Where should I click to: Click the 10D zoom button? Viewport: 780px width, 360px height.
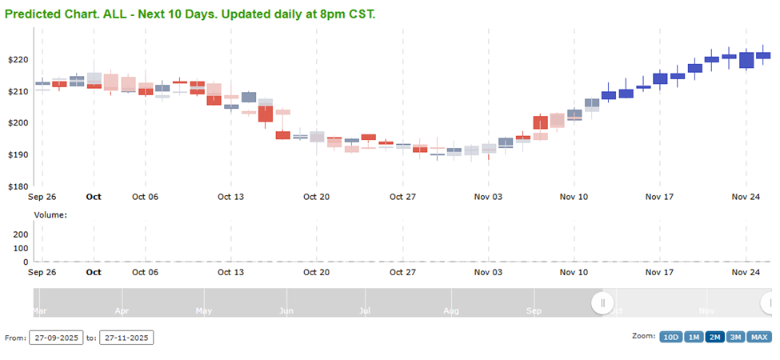point(670,337)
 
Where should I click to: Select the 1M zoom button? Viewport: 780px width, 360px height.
point(694,337)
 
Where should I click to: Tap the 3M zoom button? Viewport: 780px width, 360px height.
point(736,337)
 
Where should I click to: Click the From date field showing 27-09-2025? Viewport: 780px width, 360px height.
point(55,338)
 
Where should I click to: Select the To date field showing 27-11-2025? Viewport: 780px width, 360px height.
point(126,338)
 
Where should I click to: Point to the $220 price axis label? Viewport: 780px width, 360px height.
point(18,60)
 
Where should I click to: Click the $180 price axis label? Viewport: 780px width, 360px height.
point(18,186)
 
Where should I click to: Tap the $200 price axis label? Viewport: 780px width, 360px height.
point(18,123)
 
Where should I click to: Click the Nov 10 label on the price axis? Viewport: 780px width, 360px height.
point(574,196)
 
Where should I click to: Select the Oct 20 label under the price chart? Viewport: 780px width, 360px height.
point(316,196)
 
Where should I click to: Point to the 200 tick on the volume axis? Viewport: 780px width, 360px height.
point(21,234)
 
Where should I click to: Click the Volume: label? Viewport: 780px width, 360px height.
point(50,214)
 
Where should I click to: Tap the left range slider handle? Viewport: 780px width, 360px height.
point(602,302)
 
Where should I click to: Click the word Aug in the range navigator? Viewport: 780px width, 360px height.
point(451,310)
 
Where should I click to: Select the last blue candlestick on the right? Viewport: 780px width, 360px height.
point(763,55)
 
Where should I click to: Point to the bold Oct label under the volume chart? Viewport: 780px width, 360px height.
point(94,272)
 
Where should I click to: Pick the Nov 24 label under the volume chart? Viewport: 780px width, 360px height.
point(746,272)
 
